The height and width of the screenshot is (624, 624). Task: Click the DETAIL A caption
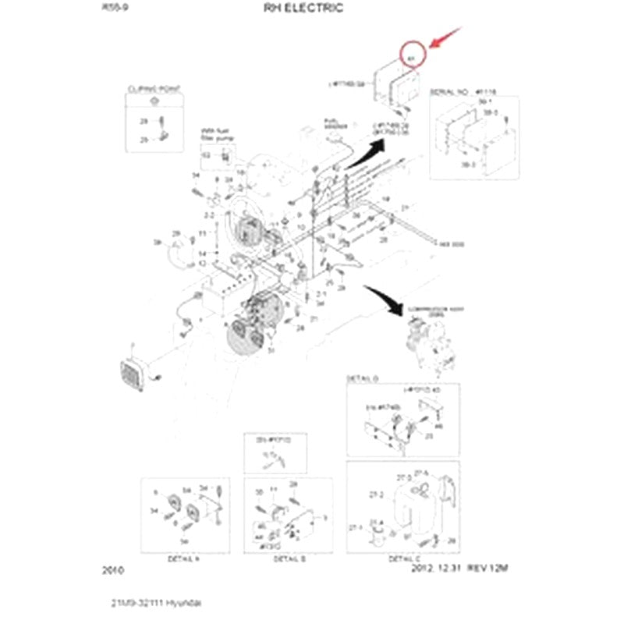pos(183,559)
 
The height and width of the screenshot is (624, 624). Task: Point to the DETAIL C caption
pos(404,559)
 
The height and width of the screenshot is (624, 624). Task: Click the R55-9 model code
pos(114,9)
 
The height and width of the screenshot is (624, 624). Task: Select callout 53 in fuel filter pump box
pos(207,155)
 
